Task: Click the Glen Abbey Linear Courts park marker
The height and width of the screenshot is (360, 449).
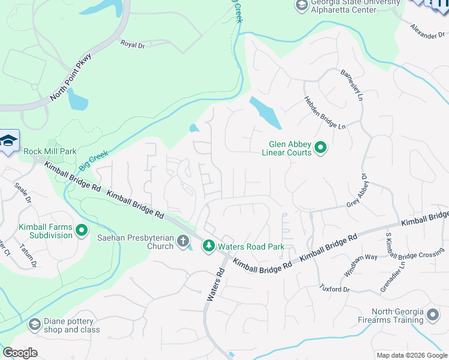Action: click(321, 147)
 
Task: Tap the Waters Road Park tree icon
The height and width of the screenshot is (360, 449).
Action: click(208, 245)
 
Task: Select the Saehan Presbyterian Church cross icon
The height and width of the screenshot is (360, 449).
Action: click(184, 242)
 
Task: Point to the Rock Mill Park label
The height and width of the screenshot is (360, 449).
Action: click(50, 151)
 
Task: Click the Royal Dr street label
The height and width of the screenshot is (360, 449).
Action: click(133, 44)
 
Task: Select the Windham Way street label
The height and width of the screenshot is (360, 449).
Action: click(352, 265)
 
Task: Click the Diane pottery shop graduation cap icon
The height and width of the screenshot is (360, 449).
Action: click(35, 325)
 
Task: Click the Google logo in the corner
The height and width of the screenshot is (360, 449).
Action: click(20, 353)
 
